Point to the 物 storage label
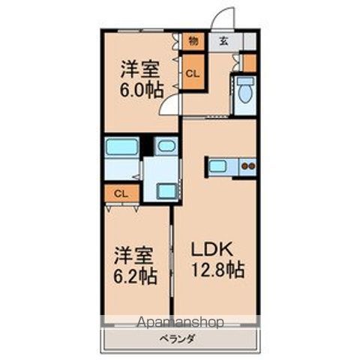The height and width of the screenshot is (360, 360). click(192, 41)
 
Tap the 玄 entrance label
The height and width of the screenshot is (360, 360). click(223, 41)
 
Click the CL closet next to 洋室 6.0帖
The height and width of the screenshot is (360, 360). click(192, 73)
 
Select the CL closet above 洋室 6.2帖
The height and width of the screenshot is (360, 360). click(121, 193)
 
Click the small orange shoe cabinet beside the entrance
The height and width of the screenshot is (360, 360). click(249, 61)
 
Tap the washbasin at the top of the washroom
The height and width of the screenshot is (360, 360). click(166, 146)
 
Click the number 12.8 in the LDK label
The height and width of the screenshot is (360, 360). click(217, 270)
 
